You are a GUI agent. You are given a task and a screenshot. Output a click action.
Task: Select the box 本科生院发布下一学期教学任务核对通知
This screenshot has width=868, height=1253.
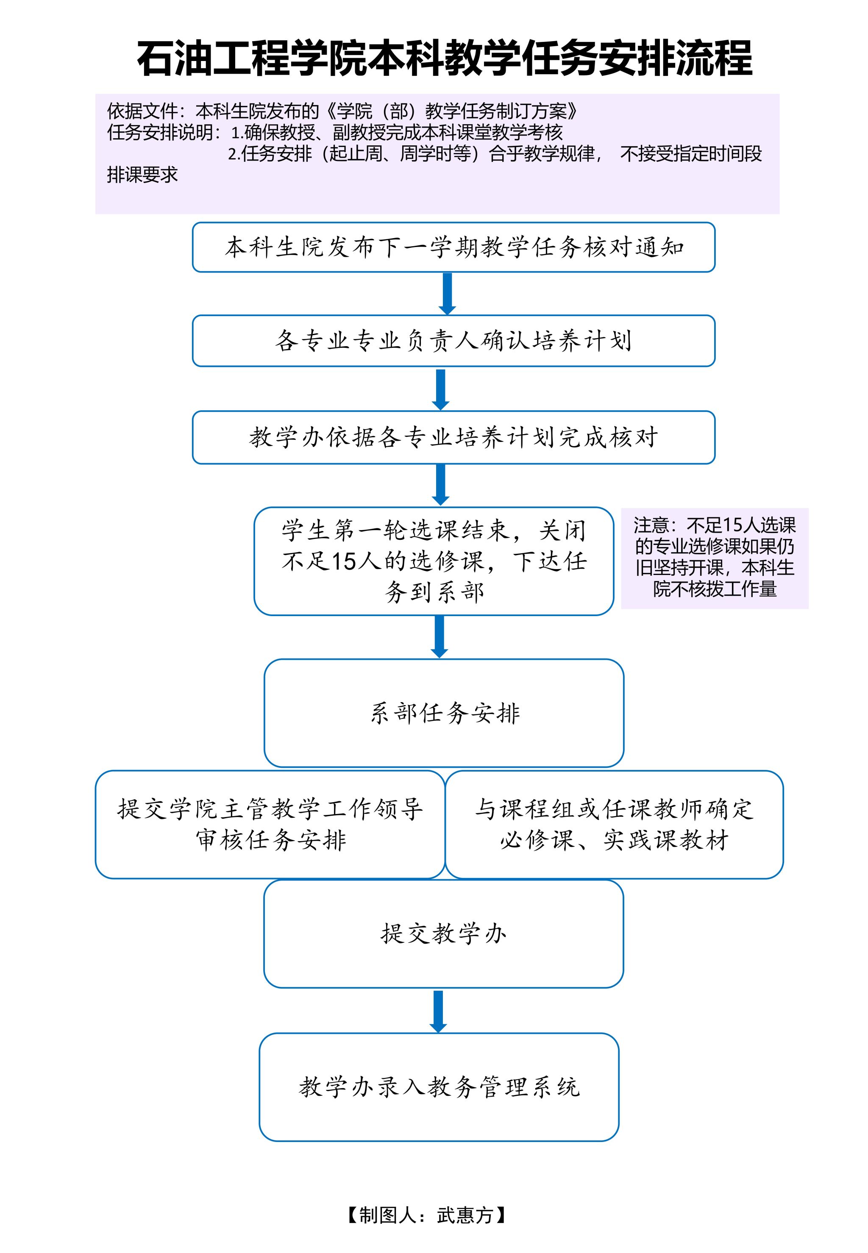[453, 247]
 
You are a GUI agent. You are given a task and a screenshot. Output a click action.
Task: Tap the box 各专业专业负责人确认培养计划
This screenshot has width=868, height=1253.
[453, 341]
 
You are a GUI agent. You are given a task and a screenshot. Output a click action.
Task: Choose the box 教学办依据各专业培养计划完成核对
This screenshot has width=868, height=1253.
[453, 437]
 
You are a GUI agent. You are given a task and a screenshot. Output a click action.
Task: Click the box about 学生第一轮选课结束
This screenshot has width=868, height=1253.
[434, 561]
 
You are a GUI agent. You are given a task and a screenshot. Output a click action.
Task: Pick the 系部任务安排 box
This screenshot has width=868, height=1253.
[444, 713]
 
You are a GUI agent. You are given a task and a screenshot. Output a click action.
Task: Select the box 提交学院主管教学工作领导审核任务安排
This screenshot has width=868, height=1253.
[270, 824]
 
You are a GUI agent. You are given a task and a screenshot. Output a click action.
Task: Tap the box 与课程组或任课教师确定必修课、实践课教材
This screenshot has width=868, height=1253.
[614, 824]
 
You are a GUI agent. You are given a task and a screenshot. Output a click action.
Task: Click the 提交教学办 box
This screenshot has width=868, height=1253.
[443, 933]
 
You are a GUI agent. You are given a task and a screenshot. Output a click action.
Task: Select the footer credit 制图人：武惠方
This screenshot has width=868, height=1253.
[427, 1215]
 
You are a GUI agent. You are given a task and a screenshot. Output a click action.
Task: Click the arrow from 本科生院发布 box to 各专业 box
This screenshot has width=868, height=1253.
[447, 294]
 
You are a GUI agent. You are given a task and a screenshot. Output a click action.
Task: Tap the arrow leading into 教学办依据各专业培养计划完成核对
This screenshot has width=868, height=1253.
[440, 389]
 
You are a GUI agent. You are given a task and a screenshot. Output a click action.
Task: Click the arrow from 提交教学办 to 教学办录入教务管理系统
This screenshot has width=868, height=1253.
[438, 1011]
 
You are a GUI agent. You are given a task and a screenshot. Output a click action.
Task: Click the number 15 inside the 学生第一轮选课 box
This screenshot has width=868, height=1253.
[343, 561]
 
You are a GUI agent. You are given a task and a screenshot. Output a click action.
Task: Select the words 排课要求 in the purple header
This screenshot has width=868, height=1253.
[142, 175]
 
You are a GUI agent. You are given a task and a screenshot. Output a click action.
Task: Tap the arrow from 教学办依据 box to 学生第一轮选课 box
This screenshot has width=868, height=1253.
[440, 484]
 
